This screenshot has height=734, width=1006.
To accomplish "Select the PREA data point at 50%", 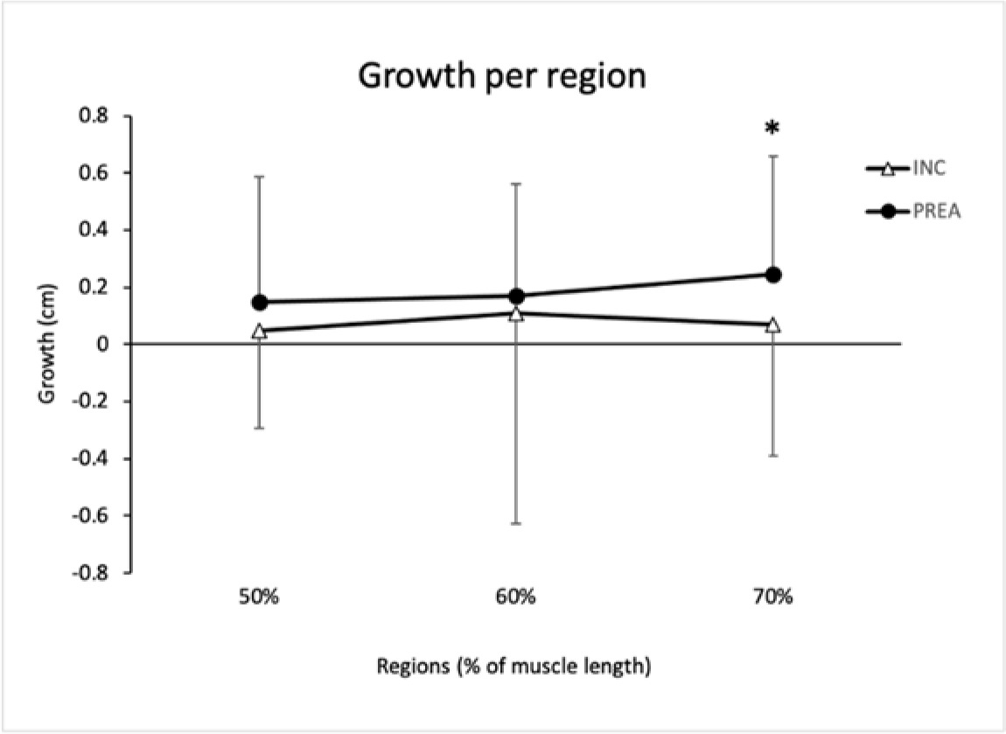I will [259, 303].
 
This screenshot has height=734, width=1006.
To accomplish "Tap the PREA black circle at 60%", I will [516, 296].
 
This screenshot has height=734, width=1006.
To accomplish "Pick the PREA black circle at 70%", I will [772, 275].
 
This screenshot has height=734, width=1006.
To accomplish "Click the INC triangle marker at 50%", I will [259, 331].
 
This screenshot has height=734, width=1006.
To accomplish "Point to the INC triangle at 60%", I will [516, 313].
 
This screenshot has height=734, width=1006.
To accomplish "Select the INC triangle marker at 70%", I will [772, 325].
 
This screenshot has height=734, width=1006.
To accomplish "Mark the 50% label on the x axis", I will [259, 599].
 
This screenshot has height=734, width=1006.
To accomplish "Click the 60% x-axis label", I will [516, 599].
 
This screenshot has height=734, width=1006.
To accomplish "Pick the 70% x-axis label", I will [772, 599].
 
